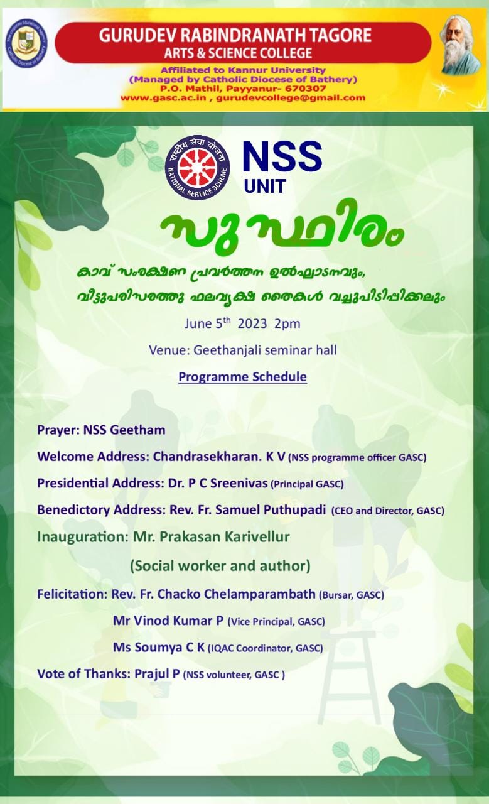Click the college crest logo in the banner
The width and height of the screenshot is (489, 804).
point(26,43)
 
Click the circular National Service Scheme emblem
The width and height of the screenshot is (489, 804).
point(197,167)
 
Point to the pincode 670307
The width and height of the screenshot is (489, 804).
point(308,89)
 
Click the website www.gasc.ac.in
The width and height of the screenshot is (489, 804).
point(164,97)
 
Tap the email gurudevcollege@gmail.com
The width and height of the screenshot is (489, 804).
point(291,97)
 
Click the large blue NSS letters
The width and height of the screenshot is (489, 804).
point(282,156)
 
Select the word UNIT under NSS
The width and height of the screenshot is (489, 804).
point(265,186)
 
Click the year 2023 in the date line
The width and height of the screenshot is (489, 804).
point(252,323)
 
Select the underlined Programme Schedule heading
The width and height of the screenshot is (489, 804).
point(242,376)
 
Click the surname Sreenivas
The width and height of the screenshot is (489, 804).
point(239,483)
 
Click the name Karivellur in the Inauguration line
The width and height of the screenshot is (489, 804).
point(257,536)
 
